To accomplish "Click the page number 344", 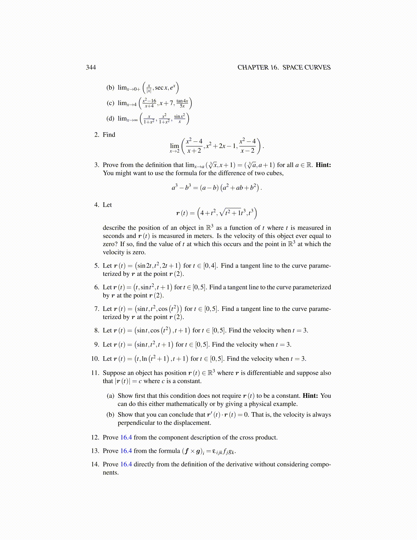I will point(91,67).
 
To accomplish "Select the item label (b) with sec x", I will point(110,88).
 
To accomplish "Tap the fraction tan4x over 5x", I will point(182,103).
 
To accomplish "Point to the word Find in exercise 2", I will point(109,135).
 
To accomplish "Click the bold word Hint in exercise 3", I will point(323,165).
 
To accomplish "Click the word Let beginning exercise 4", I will point(107,205).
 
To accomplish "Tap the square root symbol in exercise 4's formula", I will point(222,213).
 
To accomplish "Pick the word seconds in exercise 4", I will point(114,236).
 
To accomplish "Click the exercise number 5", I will point(96,266).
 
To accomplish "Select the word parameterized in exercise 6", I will point(312,287).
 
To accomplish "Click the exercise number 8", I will point(96,330).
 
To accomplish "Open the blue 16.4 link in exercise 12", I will point(126,437).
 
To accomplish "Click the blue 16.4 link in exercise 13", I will point(126,451).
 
